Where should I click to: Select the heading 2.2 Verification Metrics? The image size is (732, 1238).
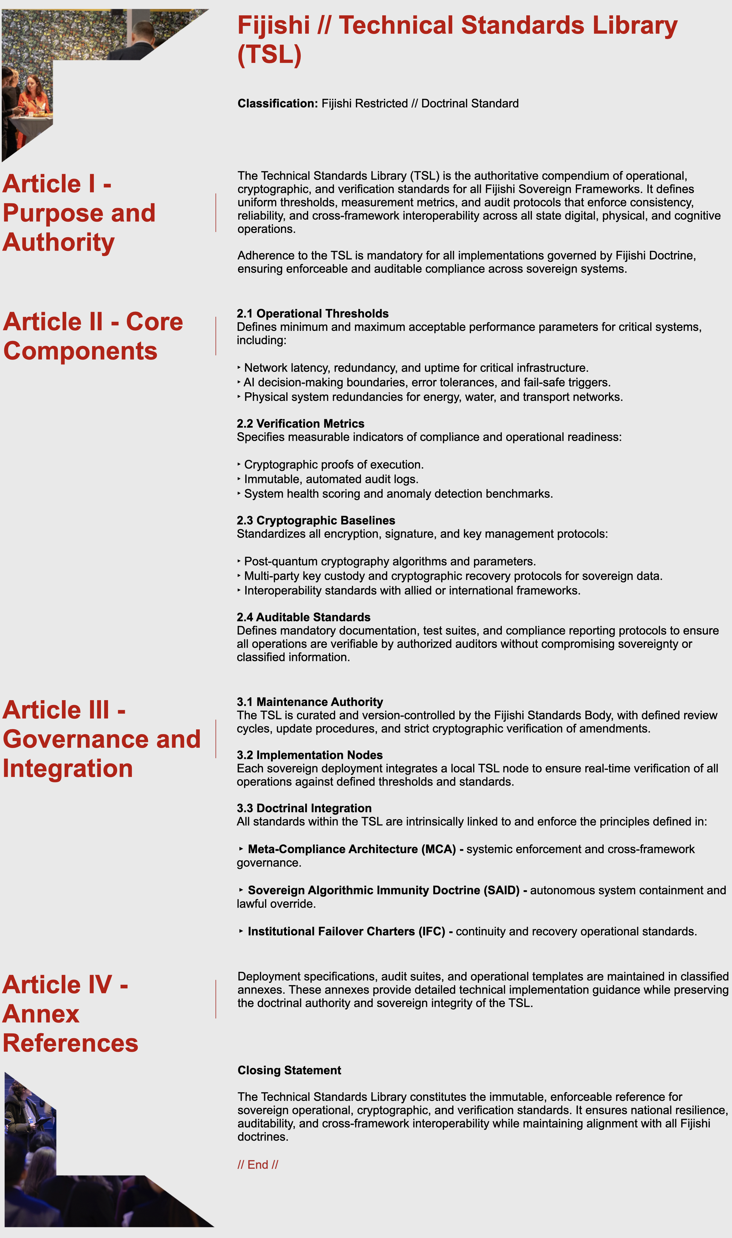pyautogui.click(x=300, y=424)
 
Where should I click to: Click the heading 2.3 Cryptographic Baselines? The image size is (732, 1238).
pyautogui.click(x=316, y=520)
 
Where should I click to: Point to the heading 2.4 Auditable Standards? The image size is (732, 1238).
pyautogui.click(x=303, y=617)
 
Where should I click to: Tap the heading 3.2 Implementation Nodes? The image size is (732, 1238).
pyautogui.click(x=309, y=755)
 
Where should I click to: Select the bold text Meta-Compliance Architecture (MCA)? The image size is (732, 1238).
pyautogui.click(x=352, y=849)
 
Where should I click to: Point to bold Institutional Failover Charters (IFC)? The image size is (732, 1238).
pyautogui.click(x=346, y=932)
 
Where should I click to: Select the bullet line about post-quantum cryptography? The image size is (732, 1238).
pyautogui.click(x=390, y=562)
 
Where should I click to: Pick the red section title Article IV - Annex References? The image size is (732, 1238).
pyautogui.click(x=70, y=1014)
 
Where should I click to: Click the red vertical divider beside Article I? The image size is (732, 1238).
pyautogui.click(x=215, y=213)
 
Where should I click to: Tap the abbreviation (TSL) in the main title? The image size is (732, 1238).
pyautogui.click(x=269, y=54)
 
